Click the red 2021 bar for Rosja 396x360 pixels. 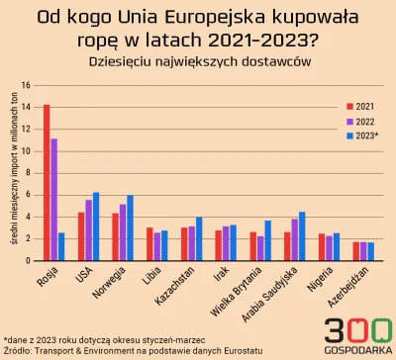coord(47,182)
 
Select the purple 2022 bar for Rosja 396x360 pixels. coord(54,199)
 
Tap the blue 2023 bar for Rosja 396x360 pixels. coord(62,246)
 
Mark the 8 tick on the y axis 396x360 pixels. coord(33,173)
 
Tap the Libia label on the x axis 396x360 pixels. coord(148,279)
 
